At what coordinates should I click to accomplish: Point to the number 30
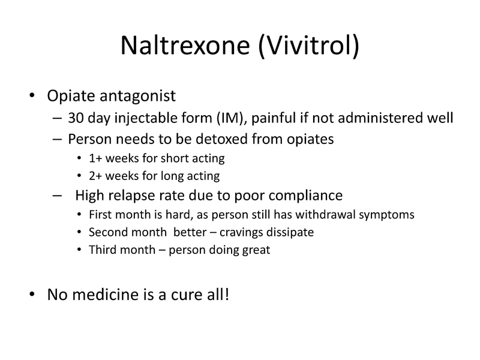point(76,118)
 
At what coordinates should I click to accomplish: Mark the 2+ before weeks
point(94,176)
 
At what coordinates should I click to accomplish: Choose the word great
point(256,250)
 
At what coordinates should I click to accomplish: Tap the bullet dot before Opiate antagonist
point(31,97)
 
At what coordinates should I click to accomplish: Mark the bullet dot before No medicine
point(31,296)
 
